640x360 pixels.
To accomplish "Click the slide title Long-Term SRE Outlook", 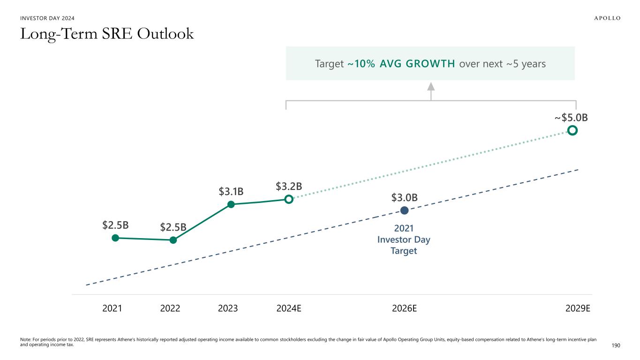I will coord(107,34).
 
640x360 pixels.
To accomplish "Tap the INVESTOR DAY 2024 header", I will coord(47,18).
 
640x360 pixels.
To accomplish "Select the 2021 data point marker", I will coord(115,238).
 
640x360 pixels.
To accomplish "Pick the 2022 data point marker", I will coord(173,240).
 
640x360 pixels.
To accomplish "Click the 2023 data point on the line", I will coord(231,204).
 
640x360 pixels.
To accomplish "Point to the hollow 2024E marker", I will coord(289,199).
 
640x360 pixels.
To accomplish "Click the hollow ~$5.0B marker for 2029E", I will coord(572,130).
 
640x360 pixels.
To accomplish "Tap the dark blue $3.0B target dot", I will coord(404,211).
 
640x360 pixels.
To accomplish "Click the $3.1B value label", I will coord(231,191).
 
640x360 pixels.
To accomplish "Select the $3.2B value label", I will coord(288,187).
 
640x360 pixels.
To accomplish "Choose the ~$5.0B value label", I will coord(571,117).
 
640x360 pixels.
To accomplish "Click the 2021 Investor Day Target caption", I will coord(404,240).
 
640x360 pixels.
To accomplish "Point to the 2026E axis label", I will coord(404,308).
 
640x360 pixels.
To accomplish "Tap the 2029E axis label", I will coord(578,308).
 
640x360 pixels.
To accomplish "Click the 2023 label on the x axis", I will coord(228,308).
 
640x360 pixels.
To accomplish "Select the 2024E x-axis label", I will coord(289,308).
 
